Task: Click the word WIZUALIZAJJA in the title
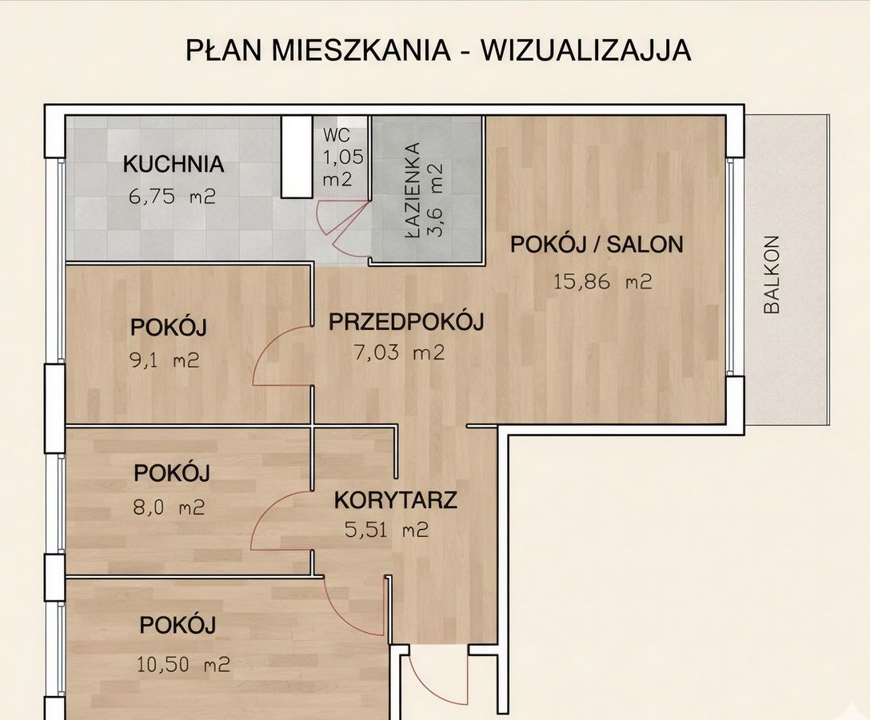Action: click(585, 50)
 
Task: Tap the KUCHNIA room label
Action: click(174, 164)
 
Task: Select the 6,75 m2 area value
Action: click(172, 197)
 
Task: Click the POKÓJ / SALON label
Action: click(597, 244)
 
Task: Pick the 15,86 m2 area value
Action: click(603, 282)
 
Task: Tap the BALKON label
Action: click(772, 275)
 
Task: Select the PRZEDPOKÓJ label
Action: click(406, 322)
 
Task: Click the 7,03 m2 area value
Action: click(400, 352)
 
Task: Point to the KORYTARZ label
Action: click(396, 500)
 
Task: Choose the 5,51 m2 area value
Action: click(387, 531)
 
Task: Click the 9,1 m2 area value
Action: click(164, 361)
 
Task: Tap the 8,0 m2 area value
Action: click(170, 507)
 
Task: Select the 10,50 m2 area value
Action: click(184, 664)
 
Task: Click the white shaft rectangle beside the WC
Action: click(297, 157)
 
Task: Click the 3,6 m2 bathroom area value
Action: click(436, 201)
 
